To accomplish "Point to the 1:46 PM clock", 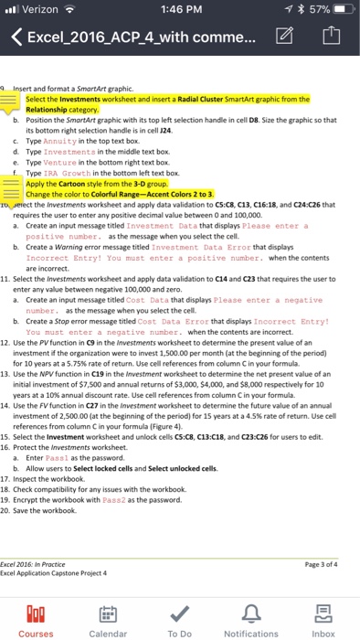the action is coord(179,11).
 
